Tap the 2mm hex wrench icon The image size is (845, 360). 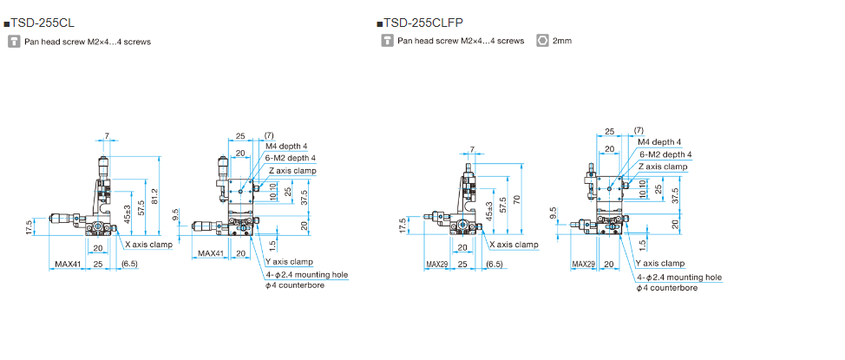pyautogui.click(x=543, y=40)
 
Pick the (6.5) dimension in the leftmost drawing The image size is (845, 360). pyautogui.click(x=130, y=263)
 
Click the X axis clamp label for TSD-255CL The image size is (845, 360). pyautogui.click(x=146, y=245)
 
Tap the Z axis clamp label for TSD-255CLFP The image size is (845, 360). pyautogui.click(x=663, y=167)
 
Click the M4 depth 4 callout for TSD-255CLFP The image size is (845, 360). pyautogui.click(x=659, y=142)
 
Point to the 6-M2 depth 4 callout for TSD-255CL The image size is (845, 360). pyautogui.click(x=291, y=158)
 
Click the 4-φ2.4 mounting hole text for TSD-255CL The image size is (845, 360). pyautogui.click(x=305, y=274)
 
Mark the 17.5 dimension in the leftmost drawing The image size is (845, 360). pyautogui.click(x=29, y=227)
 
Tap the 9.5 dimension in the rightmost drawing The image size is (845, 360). pyautogui.click(x=554, y=213)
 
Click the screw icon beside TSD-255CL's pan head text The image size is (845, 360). pyautogui.click(x=14, y=41)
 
